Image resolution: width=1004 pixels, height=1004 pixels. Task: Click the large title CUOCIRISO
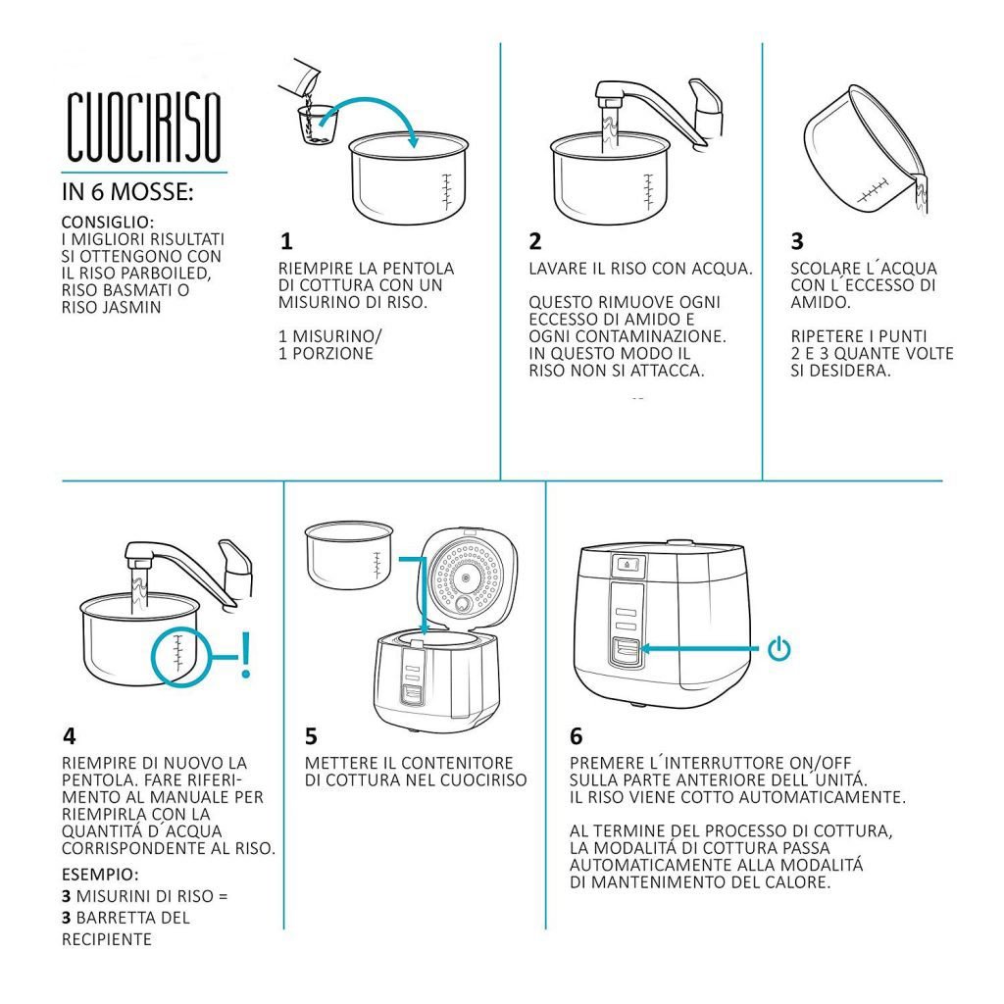coord(144,126)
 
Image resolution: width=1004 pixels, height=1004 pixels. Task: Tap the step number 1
coord(286,241)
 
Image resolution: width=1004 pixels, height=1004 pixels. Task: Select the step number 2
coord(535,241)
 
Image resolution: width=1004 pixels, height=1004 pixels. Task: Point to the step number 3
coord(796,241)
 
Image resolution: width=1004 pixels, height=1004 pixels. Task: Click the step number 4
coord(70,736)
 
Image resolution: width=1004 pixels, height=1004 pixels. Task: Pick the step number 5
coord(311,736)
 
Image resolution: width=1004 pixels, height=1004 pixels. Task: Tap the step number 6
coord(577,736)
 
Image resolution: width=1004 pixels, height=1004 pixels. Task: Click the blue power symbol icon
coord(778,649)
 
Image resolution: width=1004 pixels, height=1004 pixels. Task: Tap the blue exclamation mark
coord(245,655)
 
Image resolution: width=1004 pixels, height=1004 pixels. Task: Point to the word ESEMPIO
coord(100,874)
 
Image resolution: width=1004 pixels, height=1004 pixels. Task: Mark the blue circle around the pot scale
coord(152,656)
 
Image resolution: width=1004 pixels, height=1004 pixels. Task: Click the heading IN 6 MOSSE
coord(127,191)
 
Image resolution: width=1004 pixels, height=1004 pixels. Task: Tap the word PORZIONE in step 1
coord(332,353)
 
